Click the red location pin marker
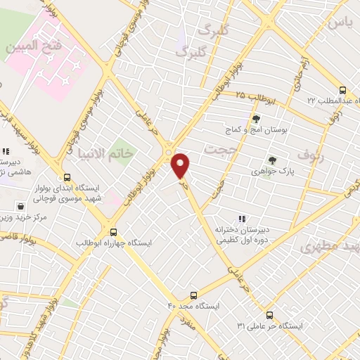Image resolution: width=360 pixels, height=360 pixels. (181, 165)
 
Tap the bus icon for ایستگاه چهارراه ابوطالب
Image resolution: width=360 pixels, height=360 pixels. (113, 231)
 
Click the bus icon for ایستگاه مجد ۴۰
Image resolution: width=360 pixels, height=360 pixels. (194, 295)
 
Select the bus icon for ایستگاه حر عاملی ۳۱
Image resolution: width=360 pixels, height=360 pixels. (271, 315)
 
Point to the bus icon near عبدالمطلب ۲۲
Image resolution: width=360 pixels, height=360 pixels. (342, 90)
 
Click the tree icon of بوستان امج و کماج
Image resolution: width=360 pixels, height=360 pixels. (256, 119)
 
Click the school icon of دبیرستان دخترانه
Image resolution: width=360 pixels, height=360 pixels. (243, 219)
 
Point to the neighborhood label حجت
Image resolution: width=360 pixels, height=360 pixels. (217, 150)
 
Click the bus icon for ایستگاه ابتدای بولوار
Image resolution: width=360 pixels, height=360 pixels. (67, 177)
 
